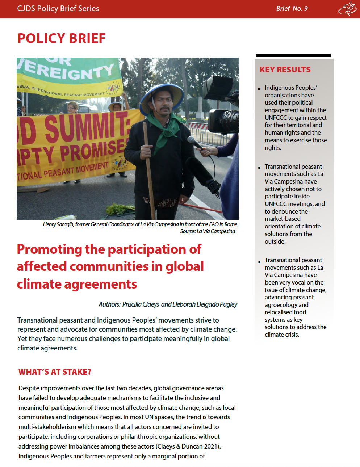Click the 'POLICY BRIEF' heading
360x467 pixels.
(62, 38)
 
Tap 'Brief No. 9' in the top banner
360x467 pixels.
(292, 9)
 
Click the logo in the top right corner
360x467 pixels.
(347, 9)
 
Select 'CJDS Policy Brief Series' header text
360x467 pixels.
(58, 9)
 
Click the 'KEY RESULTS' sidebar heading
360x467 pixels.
(285, 70)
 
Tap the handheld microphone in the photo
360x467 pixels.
(196, 143)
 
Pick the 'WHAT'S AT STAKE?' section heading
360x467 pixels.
(55, 372)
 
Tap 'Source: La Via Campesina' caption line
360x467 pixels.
(208, 231)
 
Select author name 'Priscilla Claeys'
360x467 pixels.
(141, 304)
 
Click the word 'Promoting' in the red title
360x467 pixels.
(50, 249)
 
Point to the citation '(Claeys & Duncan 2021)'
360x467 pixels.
(188, 446)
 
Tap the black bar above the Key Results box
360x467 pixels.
(294, 55)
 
